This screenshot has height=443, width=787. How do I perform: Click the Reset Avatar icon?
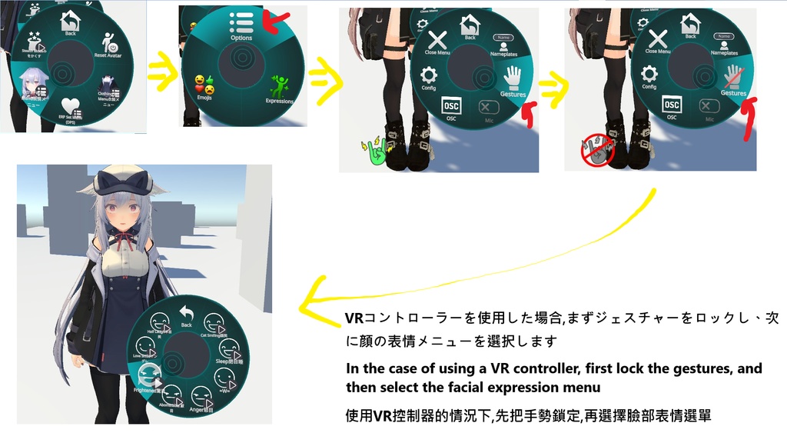tap(110, 42)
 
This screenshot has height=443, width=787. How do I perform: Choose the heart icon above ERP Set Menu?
tap(71, 108)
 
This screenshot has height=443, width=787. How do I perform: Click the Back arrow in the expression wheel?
tap(185, 311)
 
